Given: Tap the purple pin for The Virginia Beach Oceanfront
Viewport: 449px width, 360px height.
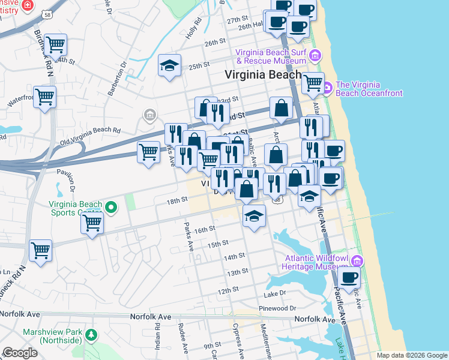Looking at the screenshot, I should [x=327, y=89].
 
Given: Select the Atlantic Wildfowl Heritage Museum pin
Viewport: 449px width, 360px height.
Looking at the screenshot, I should [x=357, y=260].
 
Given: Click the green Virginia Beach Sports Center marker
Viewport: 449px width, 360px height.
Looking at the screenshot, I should [x=110, y=208].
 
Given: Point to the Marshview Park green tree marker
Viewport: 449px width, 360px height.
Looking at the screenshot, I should [x=91, y=334].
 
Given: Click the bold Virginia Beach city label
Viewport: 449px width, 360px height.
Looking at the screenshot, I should [x=263, y=75].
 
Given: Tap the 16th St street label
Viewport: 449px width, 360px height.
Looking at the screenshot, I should [x=205, y=229].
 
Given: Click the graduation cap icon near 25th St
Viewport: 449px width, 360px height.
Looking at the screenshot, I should [x=170, y=65].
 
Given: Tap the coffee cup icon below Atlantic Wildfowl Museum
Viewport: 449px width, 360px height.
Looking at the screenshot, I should [x=349, y=277].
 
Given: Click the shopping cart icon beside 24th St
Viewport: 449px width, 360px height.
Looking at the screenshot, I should [x=55, y=44].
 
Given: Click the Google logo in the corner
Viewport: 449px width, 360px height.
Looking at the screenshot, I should [x=20, y=353].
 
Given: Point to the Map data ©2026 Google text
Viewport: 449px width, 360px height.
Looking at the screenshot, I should [x=411, y=355].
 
